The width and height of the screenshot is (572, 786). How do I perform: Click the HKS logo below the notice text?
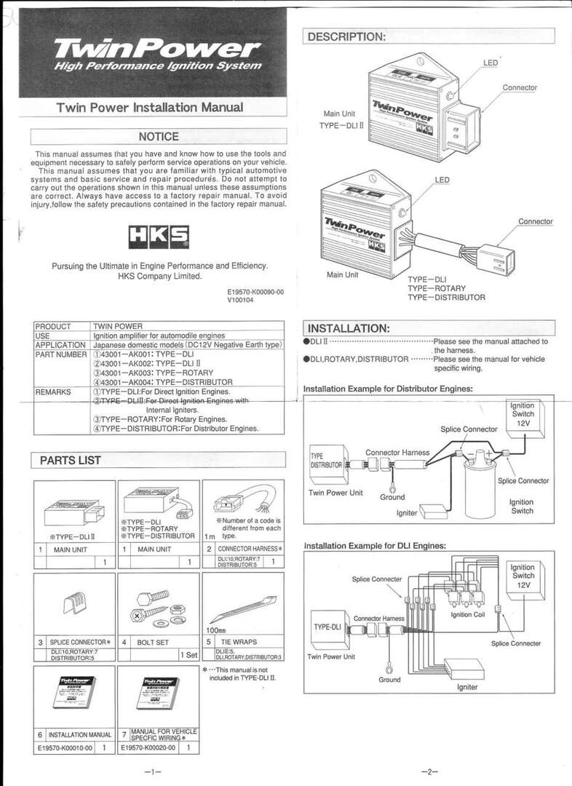(159, 237)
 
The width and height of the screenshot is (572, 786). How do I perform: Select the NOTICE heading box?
(158, 136)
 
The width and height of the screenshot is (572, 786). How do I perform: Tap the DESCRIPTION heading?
(346, 37)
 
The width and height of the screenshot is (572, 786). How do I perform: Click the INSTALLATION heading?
(349, 328)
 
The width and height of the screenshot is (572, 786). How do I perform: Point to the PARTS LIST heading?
(71, 460)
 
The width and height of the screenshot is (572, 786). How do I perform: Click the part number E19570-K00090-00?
(255, 292)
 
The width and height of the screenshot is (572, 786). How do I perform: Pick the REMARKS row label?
(53, 392)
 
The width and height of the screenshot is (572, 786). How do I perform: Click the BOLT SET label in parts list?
(153, 643)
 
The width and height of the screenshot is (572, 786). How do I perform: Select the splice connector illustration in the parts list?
(75, 603)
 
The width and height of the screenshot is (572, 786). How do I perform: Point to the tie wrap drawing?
(242, 602)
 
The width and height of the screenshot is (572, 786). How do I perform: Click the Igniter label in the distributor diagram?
(407, 512)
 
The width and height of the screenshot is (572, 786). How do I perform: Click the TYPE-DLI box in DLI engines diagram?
(327, 627)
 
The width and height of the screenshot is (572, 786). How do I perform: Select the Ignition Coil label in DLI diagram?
(466, 615)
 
